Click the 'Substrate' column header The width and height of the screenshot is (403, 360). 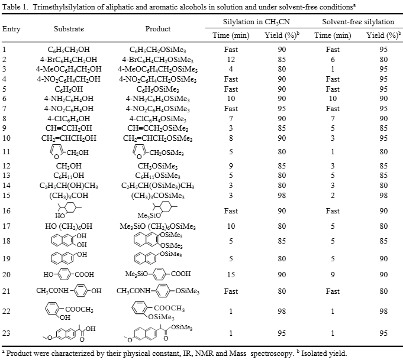point(69,29)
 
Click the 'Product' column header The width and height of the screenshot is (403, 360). point(158,29)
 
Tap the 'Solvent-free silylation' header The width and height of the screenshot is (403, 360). point(358,22)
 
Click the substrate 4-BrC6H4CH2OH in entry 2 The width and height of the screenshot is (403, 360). point(69,59)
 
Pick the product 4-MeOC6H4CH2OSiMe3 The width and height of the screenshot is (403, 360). point(158,69)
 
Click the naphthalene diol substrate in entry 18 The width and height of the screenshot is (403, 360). point(70,241)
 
